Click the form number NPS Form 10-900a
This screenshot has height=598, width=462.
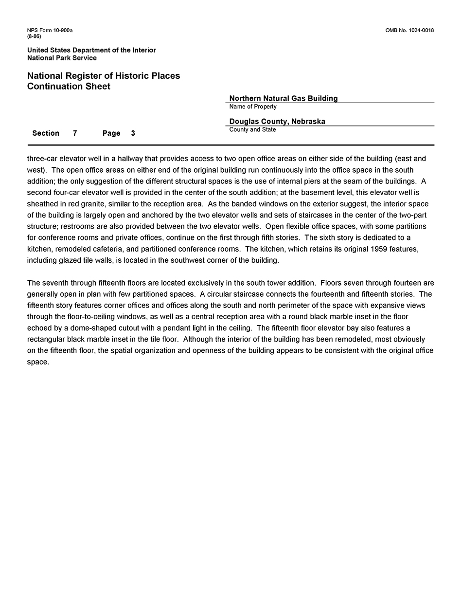tap(50, 31)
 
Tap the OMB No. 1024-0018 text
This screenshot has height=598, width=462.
tap(409, 31)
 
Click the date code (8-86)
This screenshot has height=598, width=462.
tap(34, 36)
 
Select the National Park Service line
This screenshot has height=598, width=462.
tap(62, 58)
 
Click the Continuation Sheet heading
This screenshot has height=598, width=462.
tap(69, 87)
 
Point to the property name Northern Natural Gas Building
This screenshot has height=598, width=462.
tap(283, 98)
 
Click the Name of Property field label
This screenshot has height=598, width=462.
tap(253, 107)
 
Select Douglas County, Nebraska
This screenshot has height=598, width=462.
tap(277, 122)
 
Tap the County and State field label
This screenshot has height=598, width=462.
tap(252, 130)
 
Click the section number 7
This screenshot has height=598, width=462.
tap(75, 133)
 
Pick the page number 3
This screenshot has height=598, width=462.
tap(133, 133)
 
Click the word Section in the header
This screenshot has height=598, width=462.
tap(46, 133)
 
